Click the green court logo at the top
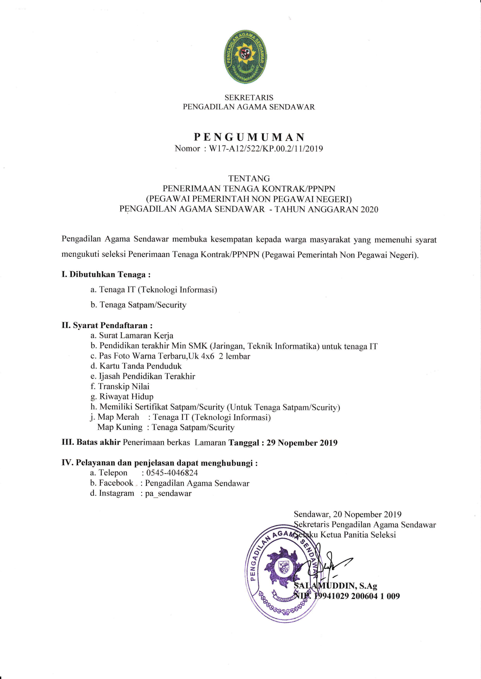pyautogui.click(x=247, y=56)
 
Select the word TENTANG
pyautogui.click(x=249, y=179)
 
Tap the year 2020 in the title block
pyautogui.click(x=369, y=209)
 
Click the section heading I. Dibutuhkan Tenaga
pyautogui.click(x=106, y=274)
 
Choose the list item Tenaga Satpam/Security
pyautogui.click(x=143, y=305)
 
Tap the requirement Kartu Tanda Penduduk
pyautogui.click(x=140, y=366)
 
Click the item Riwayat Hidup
pyautogui.click(x=126, y=396)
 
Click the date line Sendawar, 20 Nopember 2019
pyautogui.click(x=347, y=514)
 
